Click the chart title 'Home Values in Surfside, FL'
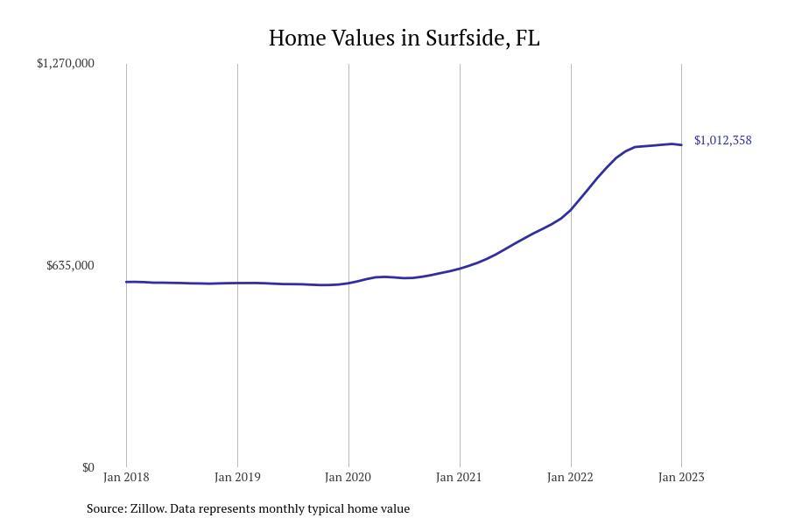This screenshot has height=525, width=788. [404, 38]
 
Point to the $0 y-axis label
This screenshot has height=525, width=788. [88, 467]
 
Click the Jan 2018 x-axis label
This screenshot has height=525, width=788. [126, 477]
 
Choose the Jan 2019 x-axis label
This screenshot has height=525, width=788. [237, 477]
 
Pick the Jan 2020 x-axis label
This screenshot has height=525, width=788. [348, 477]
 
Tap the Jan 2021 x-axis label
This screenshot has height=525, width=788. [460, 477]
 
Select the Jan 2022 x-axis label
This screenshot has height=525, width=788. [571, 477]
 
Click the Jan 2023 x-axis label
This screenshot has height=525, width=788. [681, 477]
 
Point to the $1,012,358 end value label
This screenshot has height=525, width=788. [722, 140]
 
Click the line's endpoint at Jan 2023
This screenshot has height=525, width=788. [681, 145]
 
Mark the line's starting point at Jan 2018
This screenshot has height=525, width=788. [126, 282]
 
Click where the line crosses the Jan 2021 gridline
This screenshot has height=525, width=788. [460, 268]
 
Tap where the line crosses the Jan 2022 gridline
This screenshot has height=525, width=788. [571, 210]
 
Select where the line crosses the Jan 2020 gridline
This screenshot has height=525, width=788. [348, 283]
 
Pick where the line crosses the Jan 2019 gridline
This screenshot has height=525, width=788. [237, 283]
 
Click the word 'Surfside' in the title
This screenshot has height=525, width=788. [464, 38]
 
